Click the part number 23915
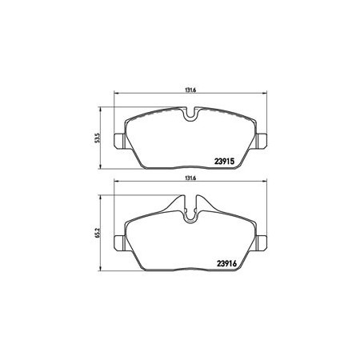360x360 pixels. pos(224,162)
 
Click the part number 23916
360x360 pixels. pos(226,263)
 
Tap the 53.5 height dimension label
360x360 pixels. pos(98,138)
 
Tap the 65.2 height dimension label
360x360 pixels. pos(98,233)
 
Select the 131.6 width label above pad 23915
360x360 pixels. pos(190,90)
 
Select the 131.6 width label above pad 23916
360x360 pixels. pos(190,178)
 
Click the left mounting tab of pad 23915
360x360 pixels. pos(119,140)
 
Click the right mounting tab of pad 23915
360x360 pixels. pos(262,140)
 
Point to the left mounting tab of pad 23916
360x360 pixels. pos(119,242)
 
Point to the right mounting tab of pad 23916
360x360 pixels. pos(262,242)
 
